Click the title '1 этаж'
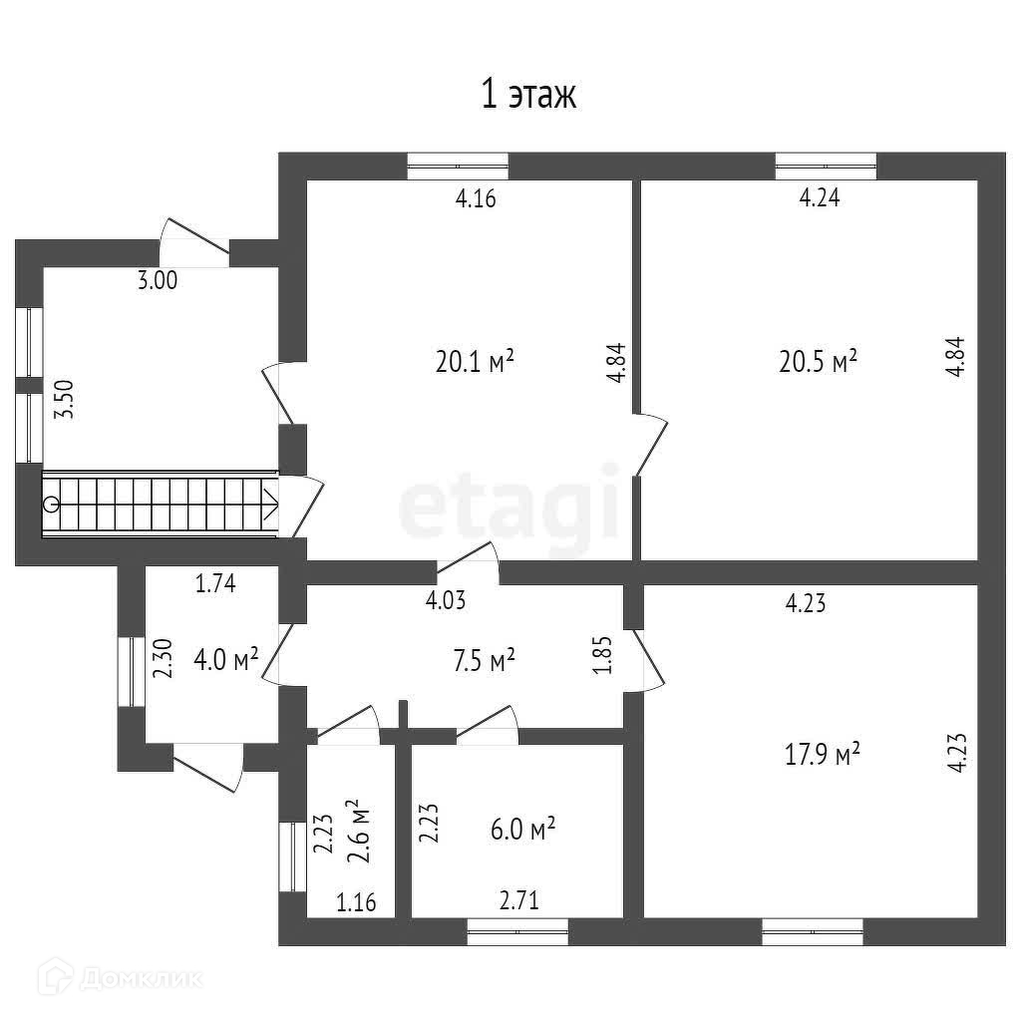[529, 96]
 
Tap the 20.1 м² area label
[475, 362]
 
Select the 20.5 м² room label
[818, 362]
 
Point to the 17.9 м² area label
[820, 755]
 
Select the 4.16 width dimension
[476, 197]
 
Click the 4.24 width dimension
[820, 197]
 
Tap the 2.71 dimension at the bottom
[518, 903]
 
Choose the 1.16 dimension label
[356, 903]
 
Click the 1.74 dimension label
[214, 585]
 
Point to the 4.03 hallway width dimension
[446, 600]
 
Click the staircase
[160, 504]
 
